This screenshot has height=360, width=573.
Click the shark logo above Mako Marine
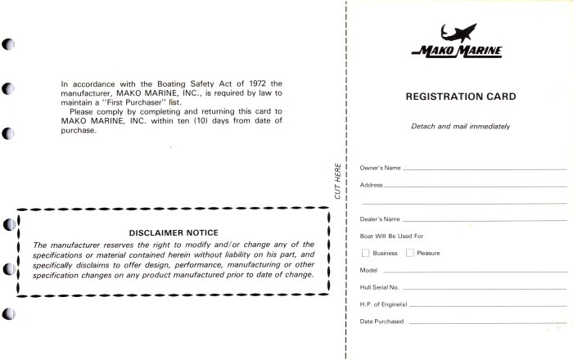click(460, 34)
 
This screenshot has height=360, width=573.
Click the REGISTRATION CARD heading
click(461, 97)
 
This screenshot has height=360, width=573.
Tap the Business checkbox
click(366, 253)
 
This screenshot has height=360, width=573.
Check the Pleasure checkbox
click(410, 253)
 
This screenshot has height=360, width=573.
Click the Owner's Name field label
click(380, 168)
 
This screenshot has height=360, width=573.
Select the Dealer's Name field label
click(380, 219)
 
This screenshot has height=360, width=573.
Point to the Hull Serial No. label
click(379, 286)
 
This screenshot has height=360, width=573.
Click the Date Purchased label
click(381, 321)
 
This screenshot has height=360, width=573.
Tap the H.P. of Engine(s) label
click(383, 304)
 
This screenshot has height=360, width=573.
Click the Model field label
click(368, 269)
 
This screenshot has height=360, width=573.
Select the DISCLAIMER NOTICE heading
click(173, 232)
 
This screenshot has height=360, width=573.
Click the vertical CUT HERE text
click(337, 182)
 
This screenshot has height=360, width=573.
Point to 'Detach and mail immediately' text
click(460, 126)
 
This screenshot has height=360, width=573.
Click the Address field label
click(372, 185)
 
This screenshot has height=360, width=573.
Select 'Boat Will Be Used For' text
click(390, 236)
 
